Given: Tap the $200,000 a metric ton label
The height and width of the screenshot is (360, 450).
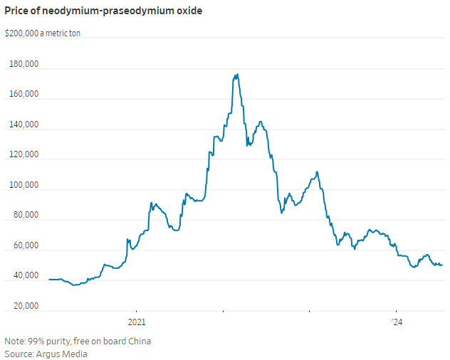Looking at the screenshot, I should tap(42, 33).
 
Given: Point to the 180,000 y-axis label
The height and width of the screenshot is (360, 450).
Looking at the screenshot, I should tap(23, 65).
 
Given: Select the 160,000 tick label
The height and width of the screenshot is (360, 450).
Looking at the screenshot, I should tap(23, 95).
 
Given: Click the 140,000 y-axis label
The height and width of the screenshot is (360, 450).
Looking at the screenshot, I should tap(23, 126).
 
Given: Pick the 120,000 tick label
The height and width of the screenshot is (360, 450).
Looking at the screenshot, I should tap(23, 157).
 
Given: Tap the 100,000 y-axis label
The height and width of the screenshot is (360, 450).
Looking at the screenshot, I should tap(23, 188).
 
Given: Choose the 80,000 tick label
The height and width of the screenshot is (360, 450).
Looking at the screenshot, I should tap(25, 218).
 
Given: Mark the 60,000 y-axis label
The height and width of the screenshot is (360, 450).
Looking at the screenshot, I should tap(25, 250).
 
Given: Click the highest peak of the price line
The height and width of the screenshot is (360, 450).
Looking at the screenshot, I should tap(237, 74).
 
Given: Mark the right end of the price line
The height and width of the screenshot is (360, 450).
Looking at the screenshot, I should tap(442, 265).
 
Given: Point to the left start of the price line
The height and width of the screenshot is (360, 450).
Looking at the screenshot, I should tap(48, 280).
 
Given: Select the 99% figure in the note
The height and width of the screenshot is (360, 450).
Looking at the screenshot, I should tap(36, 341).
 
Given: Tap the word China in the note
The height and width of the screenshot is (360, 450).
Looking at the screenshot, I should tap(138, 341).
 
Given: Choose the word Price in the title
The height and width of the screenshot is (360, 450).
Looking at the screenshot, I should tap(16, 11).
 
